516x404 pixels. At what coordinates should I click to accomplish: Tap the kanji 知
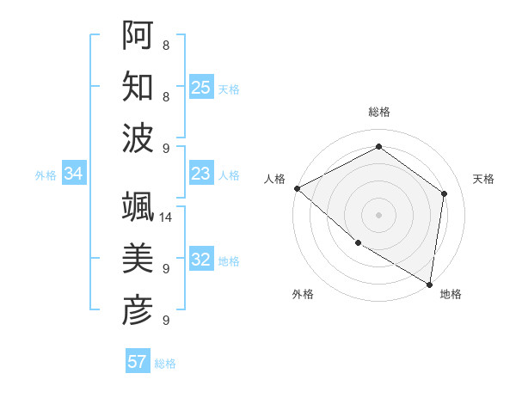coord(138,87)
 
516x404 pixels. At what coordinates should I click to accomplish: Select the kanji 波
coord(138,138)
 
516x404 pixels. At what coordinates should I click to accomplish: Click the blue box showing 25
coord(201,87)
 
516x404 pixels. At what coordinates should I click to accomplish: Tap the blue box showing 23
coord(201,174)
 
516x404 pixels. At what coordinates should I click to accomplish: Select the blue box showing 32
coord(201,260)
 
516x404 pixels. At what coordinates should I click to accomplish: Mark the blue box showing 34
coord(74,174)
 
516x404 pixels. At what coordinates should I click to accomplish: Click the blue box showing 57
coord(138,362)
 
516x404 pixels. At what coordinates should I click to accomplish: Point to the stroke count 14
coord(167,217)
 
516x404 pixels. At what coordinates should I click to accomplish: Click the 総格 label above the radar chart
coord(378,112)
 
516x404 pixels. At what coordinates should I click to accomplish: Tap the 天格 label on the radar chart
coord(483,179)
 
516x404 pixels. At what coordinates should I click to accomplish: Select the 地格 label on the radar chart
coord(451,295)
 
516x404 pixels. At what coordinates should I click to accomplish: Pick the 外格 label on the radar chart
coord(303,295)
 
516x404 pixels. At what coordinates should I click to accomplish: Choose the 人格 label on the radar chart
coord(274,179)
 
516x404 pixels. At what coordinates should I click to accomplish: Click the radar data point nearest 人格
coord(297,188)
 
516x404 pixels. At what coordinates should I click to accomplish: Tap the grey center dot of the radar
coord(378,214)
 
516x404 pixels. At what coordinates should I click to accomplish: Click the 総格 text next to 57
coord(165,364)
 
